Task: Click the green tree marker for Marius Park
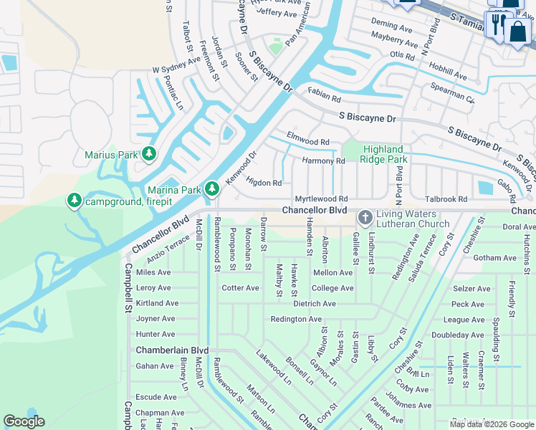[149, 153]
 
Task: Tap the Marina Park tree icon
[211, 189]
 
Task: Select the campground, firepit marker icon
[74, 201]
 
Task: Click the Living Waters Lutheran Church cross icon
[365, 216]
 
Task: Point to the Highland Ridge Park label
[383, 154]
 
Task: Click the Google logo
[24, 421]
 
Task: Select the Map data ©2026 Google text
[491, 424]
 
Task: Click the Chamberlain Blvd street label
[172, 350]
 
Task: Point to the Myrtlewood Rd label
[321, 199]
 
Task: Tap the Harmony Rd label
[323, 161]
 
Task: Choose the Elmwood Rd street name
[307, 143]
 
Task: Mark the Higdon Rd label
[264, 183]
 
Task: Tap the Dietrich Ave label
[314, 304]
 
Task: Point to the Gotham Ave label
[494, 258]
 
